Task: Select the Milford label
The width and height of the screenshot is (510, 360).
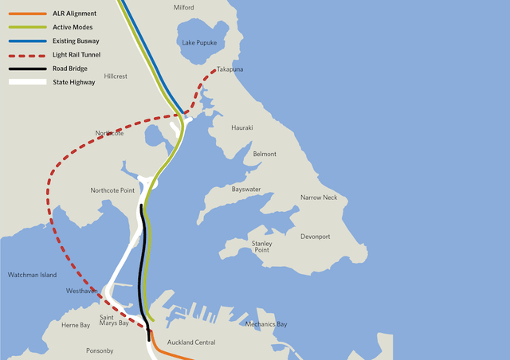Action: [183, 7]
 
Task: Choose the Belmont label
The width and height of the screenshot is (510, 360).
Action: [265, 154]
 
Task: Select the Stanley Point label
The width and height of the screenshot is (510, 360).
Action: [261, 246]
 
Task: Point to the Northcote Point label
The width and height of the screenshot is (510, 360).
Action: [112, 190]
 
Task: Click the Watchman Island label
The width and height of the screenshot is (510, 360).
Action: [32, 275]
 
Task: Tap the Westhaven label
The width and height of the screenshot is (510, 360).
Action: [82, 292]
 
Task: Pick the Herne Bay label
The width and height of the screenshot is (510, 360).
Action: [76, 325]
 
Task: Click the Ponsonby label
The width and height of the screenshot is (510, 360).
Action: [100, 350]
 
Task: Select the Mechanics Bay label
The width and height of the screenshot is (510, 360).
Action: [266, 324]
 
